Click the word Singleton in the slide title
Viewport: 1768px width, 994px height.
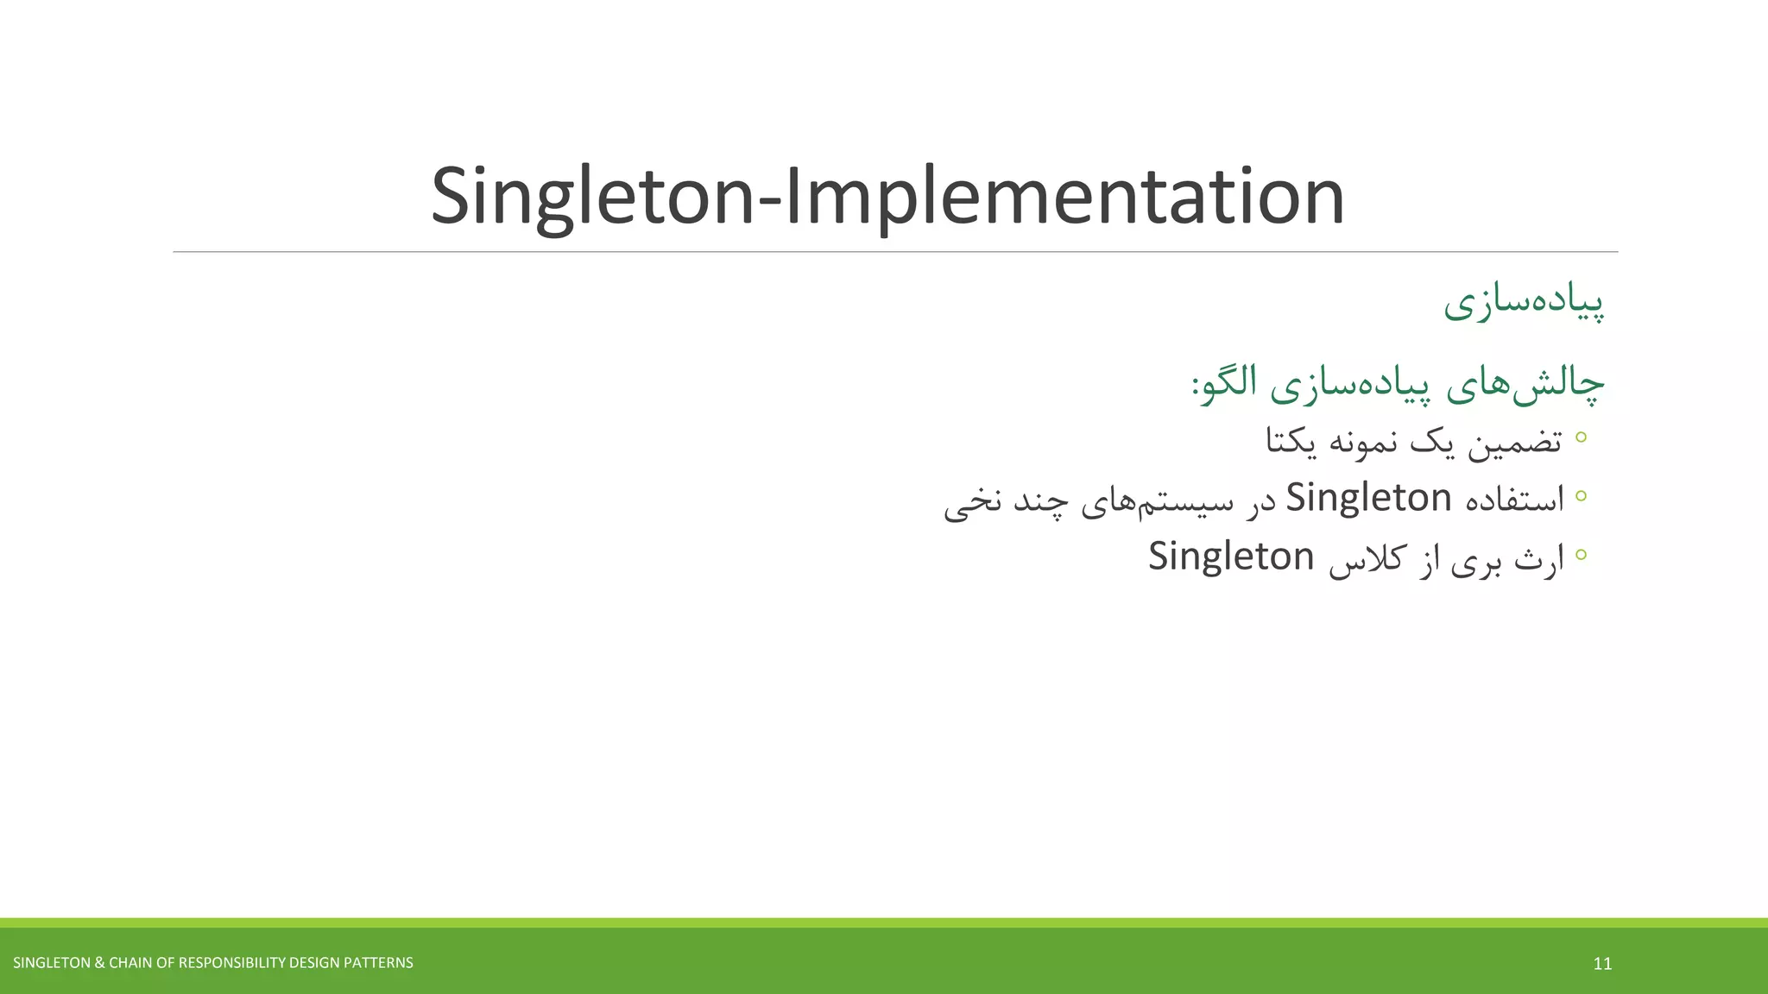coord(592,197)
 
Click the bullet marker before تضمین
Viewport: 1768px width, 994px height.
coord(1581,437)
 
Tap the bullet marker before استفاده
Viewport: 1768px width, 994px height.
coord(1581,495)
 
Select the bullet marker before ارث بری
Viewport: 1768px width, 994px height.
coord(1581,554)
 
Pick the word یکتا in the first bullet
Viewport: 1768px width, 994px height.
coord(1291,442)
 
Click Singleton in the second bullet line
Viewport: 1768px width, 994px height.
coord(1368,498)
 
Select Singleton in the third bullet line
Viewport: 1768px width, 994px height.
coord(1230,557)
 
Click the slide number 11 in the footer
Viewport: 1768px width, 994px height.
coord(1602,964)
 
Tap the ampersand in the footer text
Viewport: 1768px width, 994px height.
coord(99,963)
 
